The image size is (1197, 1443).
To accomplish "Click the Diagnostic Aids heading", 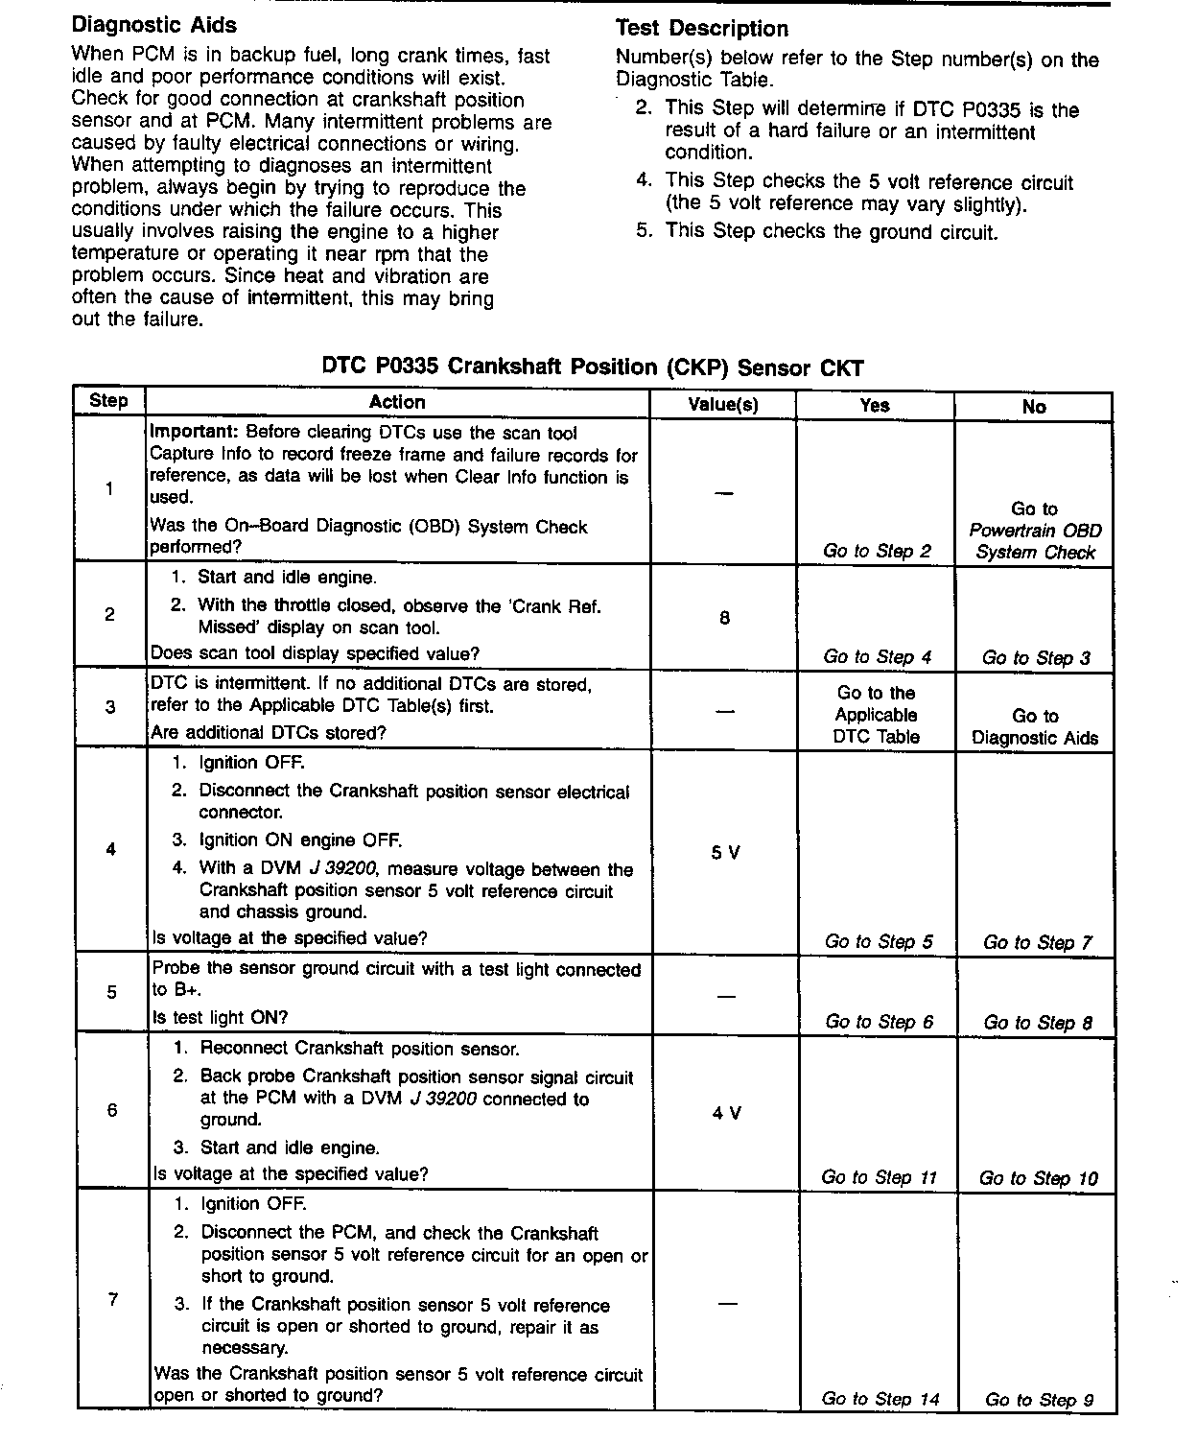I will pos(154,25).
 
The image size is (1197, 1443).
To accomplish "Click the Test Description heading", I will pos(701,29).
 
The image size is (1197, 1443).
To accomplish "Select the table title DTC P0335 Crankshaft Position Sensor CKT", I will pos(593,367).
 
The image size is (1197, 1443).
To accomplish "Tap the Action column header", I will pos(397,403).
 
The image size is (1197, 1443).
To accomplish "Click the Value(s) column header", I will pos(723,405).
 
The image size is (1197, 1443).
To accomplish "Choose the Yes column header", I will pos(875,405).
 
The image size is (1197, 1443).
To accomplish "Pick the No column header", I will pos(1034,407).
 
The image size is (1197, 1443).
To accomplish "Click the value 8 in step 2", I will pos(724,618).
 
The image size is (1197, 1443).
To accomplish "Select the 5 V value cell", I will pos(726,852).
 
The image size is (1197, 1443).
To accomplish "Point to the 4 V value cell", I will pos(727,1113).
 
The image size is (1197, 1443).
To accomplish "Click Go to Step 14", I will pos(880,1399).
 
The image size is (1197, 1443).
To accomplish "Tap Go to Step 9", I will pos(1039,1400).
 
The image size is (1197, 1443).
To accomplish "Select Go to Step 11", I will pos(879,1177).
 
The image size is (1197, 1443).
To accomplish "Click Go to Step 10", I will pos(1039,1178).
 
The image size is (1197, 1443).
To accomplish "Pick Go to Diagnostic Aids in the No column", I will pos(1035,727).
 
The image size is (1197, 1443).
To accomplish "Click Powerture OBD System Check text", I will pos(1035,541).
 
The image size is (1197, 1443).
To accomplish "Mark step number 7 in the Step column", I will pos(113,1301).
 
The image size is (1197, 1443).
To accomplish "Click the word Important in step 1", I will pos(189,433).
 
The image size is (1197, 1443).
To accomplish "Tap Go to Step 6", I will pos(879,1022).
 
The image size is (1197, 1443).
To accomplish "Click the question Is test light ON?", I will pos(220,1017).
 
